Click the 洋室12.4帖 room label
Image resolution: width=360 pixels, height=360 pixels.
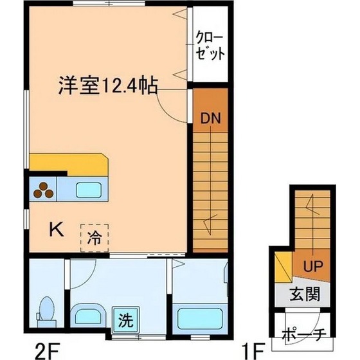[108, 86]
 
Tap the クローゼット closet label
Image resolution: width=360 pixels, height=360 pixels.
[210, 47]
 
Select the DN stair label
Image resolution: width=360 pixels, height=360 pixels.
[211, 118]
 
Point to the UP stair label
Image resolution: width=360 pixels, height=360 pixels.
[313, 266]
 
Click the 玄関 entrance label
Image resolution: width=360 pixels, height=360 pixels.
[305, 294]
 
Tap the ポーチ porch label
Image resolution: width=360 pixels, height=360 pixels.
[303, 335]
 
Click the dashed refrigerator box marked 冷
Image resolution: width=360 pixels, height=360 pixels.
[94, 238]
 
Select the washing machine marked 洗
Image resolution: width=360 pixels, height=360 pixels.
[125, 320]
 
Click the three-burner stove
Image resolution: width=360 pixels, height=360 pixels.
[43, 189]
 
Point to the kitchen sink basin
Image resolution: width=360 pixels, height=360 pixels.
[89, 190]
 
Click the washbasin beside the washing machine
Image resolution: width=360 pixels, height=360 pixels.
[88, 316]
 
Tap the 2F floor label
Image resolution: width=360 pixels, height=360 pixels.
[48, 350]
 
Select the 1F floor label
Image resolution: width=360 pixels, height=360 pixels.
[253, 350]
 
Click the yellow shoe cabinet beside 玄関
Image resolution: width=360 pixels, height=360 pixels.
[283, 267]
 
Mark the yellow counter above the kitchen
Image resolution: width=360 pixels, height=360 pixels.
[69, 165]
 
